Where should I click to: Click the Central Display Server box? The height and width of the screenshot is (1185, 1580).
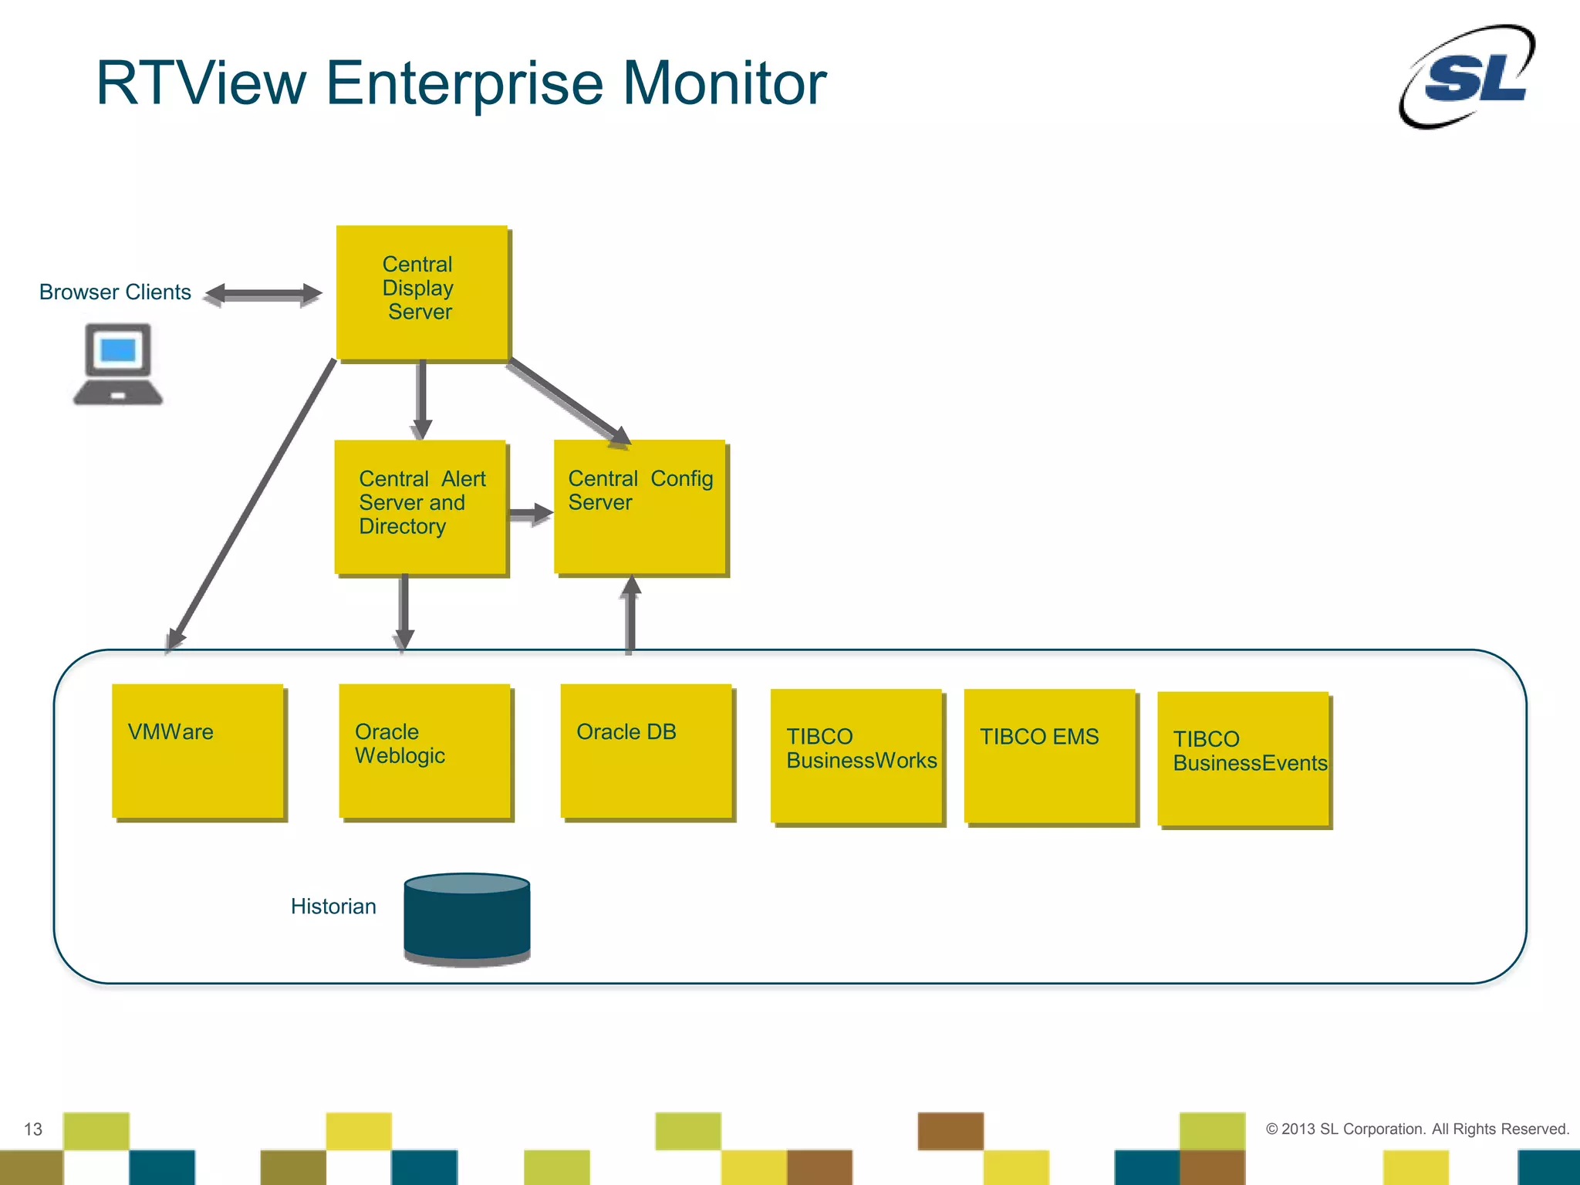click(x=422, y=292)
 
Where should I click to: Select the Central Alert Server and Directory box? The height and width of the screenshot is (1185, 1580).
click(x=420, y=507)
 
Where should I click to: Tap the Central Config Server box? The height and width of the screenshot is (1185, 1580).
click(x=640, y=507)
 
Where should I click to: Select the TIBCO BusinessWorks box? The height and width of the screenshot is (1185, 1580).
click(x=856, y=756)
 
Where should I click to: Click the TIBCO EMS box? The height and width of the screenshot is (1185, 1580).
click(x=1050, y=756)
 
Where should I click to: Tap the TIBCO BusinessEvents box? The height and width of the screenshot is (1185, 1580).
click(x=1244, y=759)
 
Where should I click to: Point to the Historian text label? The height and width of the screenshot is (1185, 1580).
click(x=333, y=906)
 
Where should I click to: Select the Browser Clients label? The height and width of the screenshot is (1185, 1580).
click(x=115, y=292)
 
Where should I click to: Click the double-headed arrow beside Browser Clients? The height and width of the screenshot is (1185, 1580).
click(x=263, y=294)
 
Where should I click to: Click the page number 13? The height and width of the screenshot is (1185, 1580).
click(x=33, y=1129)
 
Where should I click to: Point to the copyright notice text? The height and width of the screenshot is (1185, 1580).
click(x=1417, y=1129)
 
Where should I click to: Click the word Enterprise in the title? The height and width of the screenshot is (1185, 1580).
click(x=464, y=83)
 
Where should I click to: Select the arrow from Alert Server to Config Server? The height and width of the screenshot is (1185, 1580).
click(x=531, y=513)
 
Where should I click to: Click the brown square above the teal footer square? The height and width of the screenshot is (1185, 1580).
click(x=950, y=1131)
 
